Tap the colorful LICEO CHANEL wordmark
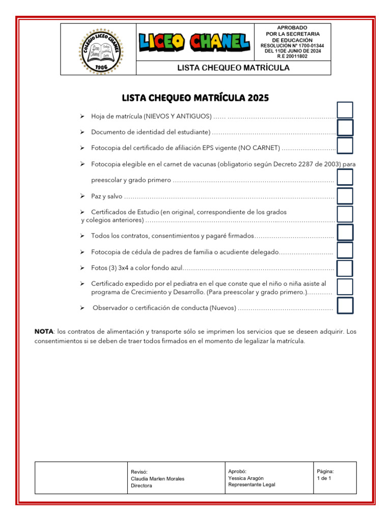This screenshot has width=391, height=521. (194, 42)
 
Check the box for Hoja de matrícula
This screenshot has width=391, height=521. (345, 110)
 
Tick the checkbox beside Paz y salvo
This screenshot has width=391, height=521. (345, 196)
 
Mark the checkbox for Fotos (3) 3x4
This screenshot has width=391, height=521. (345, 268)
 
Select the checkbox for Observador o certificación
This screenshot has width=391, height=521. (345, 305)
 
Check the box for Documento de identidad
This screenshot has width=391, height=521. (345, 128)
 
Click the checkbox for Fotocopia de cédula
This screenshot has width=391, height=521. (345, 250)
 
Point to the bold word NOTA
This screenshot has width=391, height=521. (44, 332)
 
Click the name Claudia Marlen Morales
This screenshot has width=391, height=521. (157, 479)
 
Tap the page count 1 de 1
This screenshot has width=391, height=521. (324, 478)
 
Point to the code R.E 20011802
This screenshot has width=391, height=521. (292, 56)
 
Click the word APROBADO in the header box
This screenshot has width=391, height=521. (292, 27)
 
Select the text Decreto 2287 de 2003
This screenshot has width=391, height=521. (309, 164)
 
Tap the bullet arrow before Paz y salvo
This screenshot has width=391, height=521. (82, 196)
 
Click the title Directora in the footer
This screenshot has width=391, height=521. (142, 485)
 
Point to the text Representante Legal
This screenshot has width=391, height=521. (252, 485)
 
